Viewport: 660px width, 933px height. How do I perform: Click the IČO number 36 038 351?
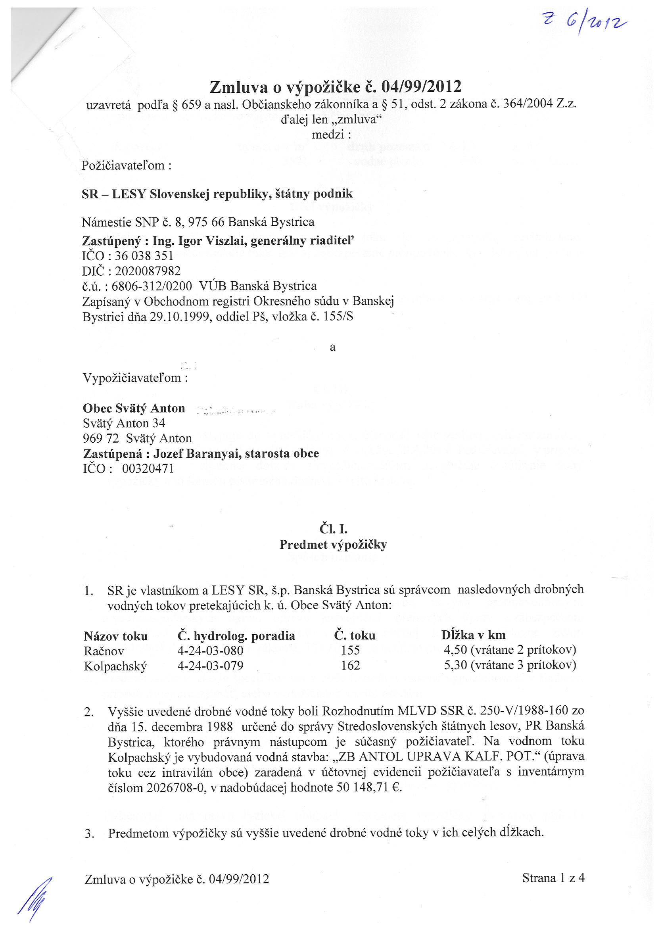pos(144,256)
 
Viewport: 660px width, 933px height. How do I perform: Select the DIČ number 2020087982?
pos(148,271)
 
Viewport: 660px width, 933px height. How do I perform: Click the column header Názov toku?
pos(116,636)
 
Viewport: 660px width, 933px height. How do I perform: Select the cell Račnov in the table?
pos(104,651)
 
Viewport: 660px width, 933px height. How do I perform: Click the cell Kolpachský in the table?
pos(115,666)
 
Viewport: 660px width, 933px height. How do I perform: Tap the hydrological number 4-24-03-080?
pos(210,651)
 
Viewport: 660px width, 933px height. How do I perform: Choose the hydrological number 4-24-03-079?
pos(210,666)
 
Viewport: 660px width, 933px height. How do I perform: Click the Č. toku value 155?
pos(350,651)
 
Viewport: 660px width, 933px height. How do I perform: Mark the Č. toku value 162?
pos(350,666)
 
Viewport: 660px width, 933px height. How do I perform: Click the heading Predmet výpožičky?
pos(333,545)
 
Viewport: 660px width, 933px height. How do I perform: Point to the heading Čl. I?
pos(333,529)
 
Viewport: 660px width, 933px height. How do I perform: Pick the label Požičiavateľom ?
pos(126,166)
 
